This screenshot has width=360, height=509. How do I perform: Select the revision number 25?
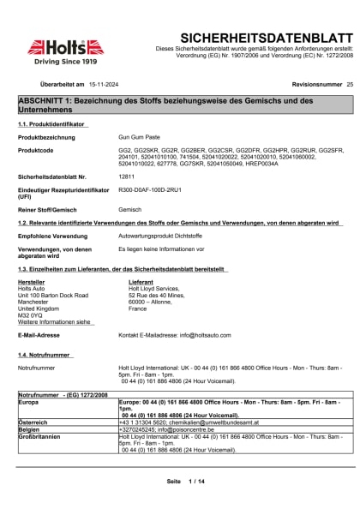(x=349, y=86)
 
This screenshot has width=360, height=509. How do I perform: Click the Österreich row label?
(x=35, y=422)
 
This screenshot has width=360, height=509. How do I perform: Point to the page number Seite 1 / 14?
(x=186, y=482)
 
